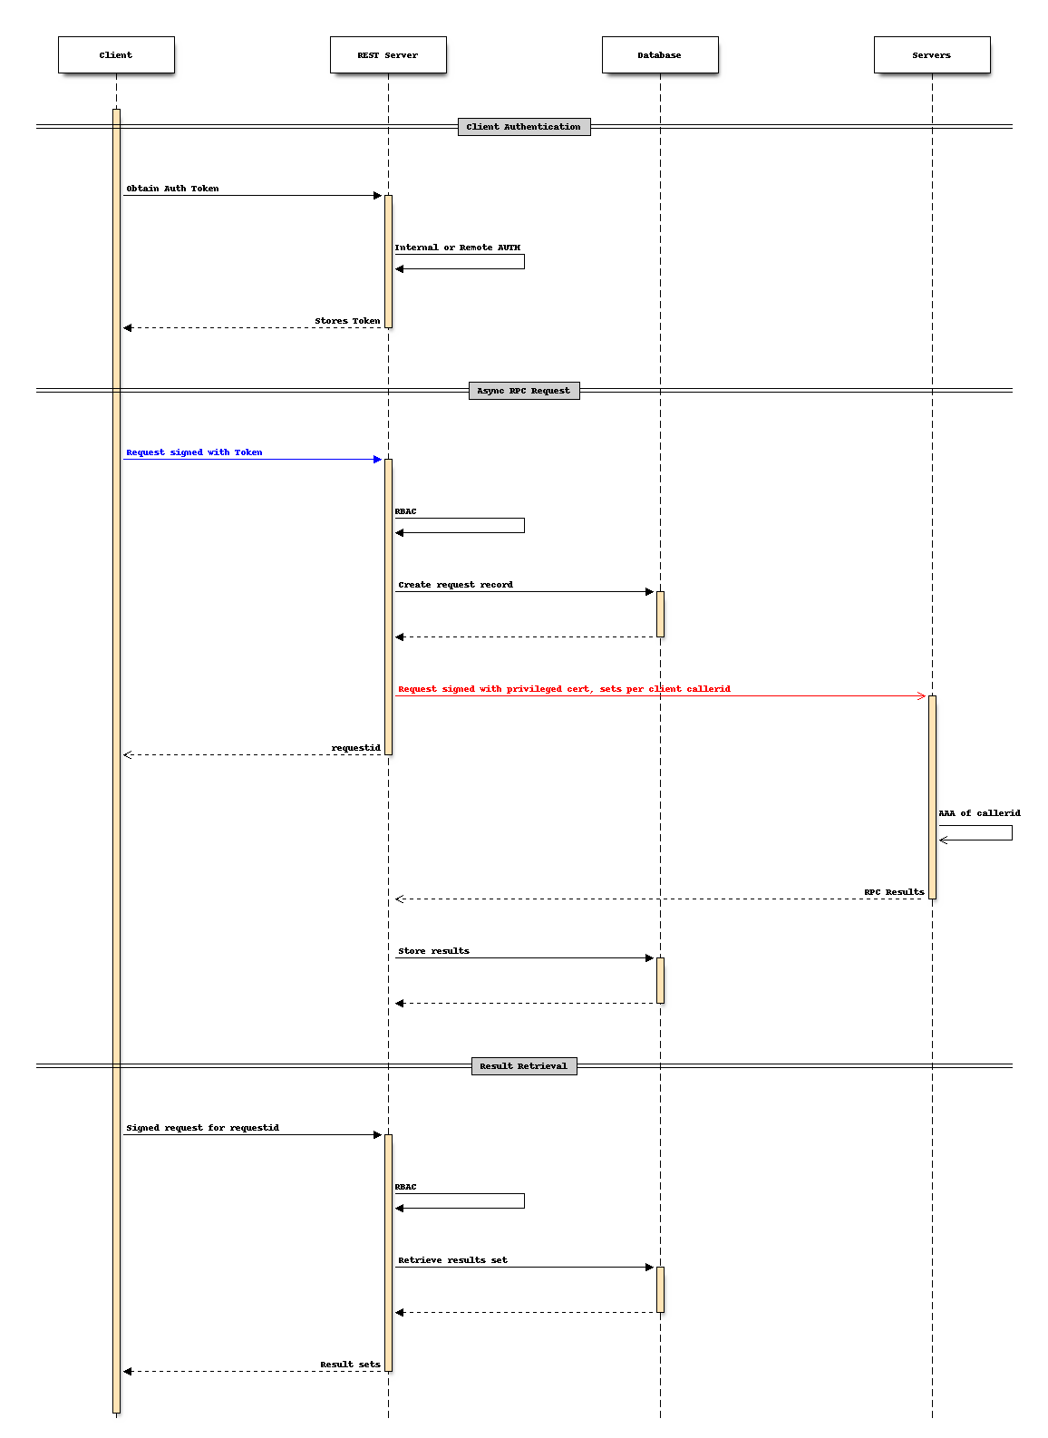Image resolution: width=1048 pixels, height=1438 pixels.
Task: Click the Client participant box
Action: [x=116, y=55]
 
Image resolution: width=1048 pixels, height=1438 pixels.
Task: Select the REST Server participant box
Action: [x=388, y=55]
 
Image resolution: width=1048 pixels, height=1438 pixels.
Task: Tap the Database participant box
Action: [x=660, y=55]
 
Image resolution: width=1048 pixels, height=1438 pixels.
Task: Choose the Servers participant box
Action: [x=932, y=55]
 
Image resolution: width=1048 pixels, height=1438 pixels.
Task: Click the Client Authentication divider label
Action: [x=524, y=127]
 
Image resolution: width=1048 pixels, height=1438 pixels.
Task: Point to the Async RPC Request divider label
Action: [x=524, y=391]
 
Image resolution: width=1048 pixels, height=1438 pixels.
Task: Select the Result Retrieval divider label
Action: [x=524, y=1066]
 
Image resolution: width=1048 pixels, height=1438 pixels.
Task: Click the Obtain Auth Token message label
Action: [x=172, y=189]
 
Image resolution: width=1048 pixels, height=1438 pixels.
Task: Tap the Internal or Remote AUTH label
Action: [x=458, y=248]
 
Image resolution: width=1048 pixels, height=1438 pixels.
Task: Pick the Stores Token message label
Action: [x=347, y=321]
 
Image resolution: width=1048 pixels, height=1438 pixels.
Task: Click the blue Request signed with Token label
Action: [x=194, y=452]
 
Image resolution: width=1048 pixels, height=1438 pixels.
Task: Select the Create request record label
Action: [x=455, y=585]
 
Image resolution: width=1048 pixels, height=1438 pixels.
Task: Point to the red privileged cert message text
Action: [x=564, y=689]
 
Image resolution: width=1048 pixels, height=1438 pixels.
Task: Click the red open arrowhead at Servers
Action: [x=921, y=696]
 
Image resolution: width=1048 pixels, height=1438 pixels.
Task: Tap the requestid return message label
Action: [x=355, y=748]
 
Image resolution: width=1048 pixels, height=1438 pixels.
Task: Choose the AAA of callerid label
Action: [x=979, y=813]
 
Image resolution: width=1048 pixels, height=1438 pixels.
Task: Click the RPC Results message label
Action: [x=894, y=892]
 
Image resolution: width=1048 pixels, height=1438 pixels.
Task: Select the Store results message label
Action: [x=433, y=951]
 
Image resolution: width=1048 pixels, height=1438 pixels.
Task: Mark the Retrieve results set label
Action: [x=452, y=1260]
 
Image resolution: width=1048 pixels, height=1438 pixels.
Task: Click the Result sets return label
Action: [x=350, y=1365]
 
